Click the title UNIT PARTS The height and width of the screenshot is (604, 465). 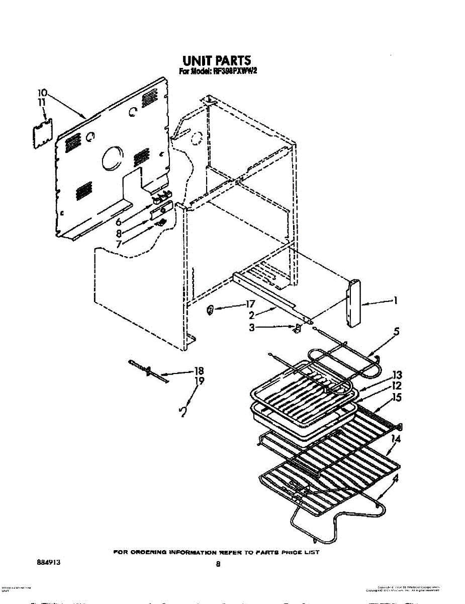click(216, 61)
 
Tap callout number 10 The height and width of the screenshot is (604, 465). click(42, 93)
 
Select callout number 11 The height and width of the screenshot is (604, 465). click(42, 102)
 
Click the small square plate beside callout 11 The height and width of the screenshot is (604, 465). click(42, 134)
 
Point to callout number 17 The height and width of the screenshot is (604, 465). click(250, 304)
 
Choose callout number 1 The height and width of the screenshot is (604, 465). click(396, 301)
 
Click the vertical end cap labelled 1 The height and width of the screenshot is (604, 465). click(354, 303)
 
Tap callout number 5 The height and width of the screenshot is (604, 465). click(397, 332)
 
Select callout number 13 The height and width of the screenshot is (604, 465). click(397, 375)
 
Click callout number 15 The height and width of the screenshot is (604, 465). click(397, 397)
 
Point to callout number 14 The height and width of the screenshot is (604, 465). click(396, 439)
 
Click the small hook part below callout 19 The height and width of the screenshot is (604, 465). click(183, 413)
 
